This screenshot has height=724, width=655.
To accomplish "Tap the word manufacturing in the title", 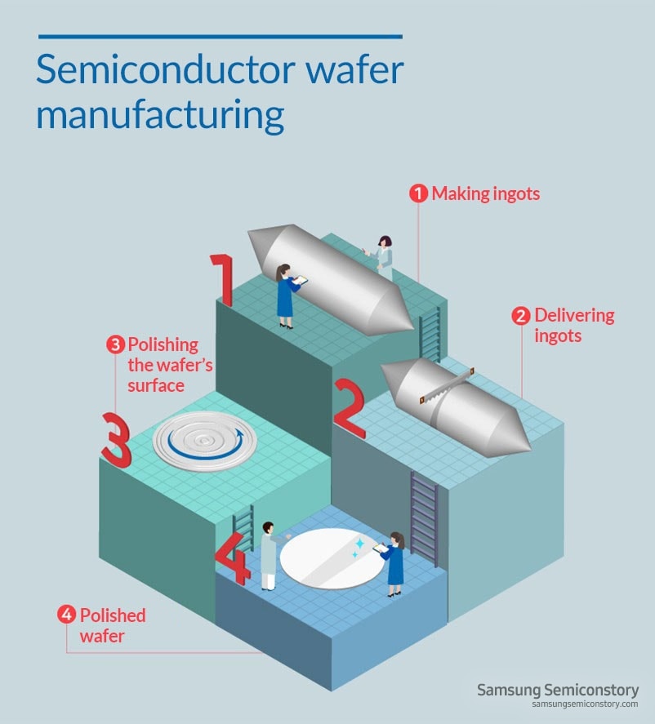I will point(160,114).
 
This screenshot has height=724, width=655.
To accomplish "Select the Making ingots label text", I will point(485,194).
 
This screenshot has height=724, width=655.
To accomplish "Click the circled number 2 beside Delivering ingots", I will point(521,316).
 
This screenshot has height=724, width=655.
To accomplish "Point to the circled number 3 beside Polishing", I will point(116,344).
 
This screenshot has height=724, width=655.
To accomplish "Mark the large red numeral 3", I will point(116,439).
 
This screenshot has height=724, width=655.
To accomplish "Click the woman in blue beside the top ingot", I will point(286,295).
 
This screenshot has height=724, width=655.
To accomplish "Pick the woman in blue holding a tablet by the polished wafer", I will point(395,563).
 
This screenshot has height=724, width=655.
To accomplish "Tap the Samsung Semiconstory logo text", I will point(557,690).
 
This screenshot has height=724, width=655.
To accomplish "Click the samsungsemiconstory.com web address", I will point(584,704).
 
